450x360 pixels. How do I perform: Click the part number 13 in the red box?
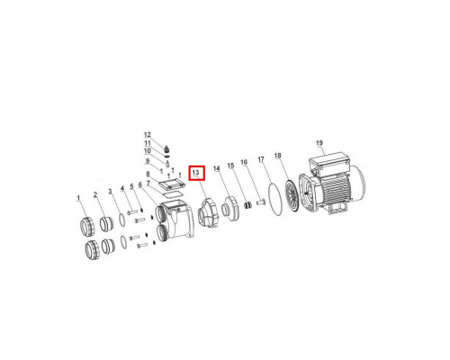tap(196, 173)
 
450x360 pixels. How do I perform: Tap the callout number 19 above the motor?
tap(319, 143)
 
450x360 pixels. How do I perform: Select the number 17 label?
tap(261, 159)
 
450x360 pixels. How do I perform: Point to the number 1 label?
tap(78, 198)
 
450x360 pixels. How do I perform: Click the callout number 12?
tap(148, 135)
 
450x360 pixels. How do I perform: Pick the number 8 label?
tap(148, 174)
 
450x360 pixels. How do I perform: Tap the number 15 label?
tap(230, 166)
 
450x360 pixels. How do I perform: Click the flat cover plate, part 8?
tap(172, 184)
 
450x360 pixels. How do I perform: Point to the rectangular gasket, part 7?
tap(172, 194)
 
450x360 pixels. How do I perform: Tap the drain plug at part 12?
tap(167, 148)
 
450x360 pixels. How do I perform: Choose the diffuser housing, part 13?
tap(208, 212)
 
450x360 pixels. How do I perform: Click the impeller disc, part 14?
tap(230, 209)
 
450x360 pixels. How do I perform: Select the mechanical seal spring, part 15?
tap(247, 206)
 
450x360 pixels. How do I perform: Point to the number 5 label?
tap(131, 186)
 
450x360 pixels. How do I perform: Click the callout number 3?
tap(110, 191)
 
